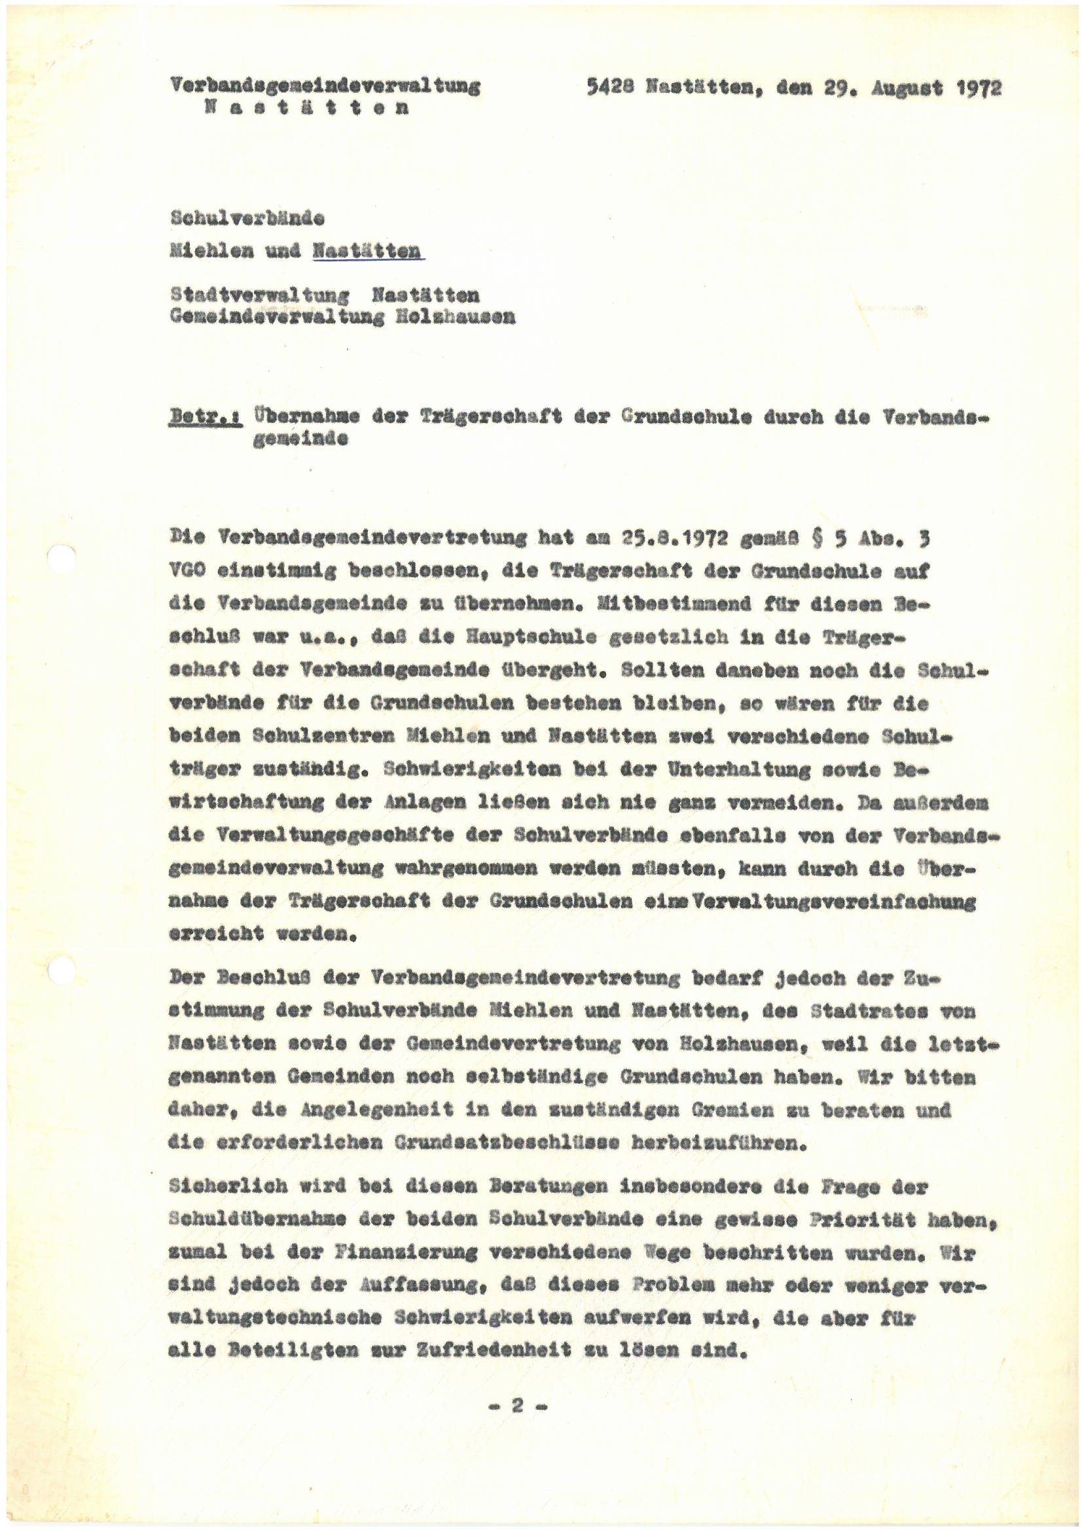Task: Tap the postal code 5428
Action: tap(609, 86)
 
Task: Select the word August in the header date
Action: tap(907, 88)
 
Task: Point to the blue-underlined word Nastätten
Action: tap(367, 251)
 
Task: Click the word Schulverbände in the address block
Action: tap(247, 217)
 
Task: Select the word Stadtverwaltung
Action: tap(259, 295)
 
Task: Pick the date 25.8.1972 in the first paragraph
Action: tap(674, 538)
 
